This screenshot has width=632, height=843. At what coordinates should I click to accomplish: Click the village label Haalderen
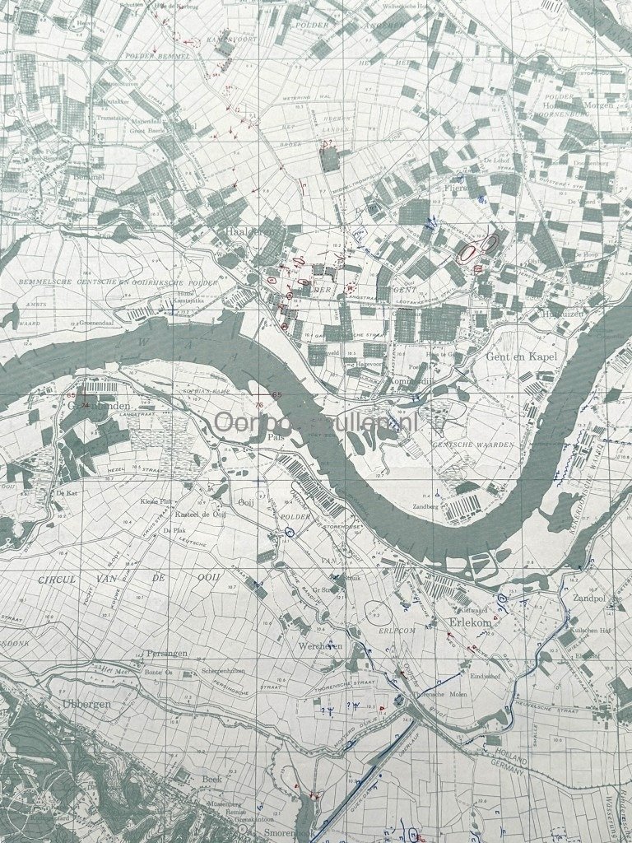248,233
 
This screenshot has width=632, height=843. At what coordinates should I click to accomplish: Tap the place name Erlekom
468,623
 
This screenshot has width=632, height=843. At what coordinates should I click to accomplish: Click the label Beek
211,778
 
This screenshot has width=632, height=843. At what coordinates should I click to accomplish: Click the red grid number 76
258,405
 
